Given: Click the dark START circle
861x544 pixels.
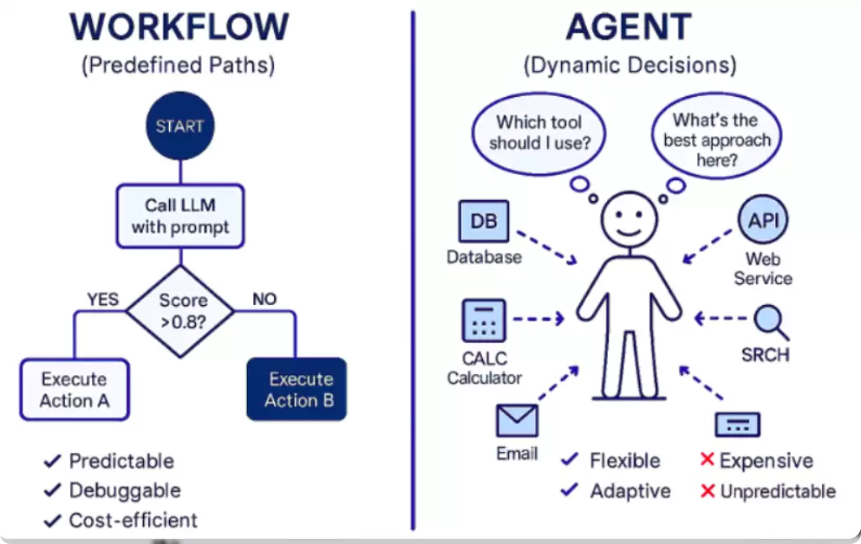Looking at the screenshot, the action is (180, 126).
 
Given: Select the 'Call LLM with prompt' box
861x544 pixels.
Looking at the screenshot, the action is (180, 216).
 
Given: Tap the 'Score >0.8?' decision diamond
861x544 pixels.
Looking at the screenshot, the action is (180, 311).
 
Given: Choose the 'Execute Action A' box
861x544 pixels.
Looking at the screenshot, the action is (75, 389).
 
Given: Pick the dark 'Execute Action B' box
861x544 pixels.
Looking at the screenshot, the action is (297, 389).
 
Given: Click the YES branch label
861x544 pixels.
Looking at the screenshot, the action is (102, 300).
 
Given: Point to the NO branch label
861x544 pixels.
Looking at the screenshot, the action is (264, 299).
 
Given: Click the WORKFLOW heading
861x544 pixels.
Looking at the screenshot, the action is (179, 26).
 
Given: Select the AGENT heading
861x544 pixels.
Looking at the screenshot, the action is (629, 26).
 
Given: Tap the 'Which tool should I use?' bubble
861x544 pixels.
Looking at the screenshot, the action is (539, 133).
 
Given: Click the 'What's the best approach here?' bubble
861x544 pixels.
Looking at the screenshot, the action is (716, 136).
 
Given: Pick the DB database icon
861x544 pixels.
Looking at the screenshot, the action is (484, 221).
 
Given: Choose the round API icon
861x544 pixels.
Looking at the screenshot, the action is (763, 220).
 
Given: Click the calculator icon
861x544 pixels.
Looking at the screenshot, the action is (484, 321).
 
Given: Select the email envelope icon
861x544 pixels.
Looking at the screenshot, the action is (517, 421).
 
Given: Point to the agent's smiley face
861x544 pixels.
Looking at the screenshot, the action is (629, 219).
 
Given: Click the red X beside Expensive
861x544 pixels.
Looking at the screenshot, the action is (708, 460).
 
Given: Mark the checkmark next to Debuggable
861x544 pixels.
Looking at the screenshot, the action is (52, 489).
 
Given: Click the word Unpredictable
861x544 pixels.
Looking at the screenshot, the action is (778, 491).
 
